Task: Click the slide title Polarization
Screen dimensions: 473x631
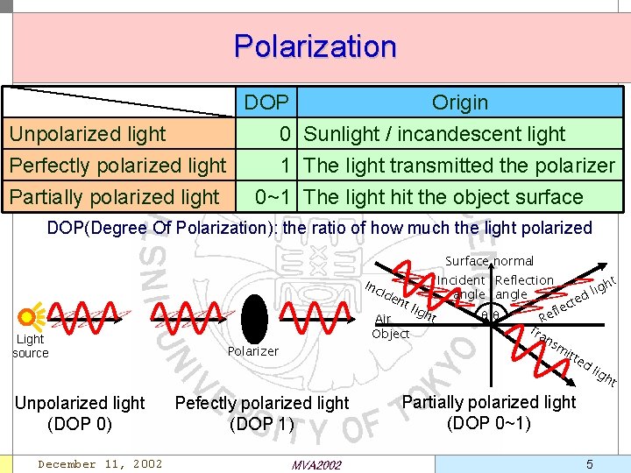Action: pyautogui.click(x=315, y=46)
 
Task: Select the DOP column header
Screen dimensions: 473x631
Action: pyautogui.click(x=266, y=102)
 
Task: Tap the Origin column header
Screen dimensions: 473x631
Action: pyautogui.click(x=459, y=102)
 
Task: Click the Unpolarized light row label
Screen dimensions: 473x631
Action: pyautogui.click(x=87, y=134)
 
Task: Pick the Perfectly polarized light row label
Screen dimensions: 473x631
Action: pyautogui.click(x=117, y=166)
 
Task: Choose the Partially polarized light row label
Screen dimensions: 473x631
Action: pyautogui.click(x=114, y=197)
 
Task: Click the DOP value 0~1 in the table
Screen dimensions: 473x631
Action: pyautogui.click(x=273, y=197)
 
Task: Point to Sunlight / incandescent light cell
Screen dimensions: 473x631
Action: pyautogui.click(x=435, y=134)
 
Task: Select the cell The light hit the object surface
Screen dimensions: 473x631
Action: pyautogui.click(x=443, y=197)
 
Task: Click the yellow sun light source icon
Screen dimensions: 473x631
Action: pyautogui.click(x=30, y=316)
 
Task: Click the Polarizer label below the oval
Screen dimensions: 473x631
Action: pyautogui.click(x=252, y=351)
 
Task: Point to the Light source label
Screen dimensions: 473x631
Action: pyautogui.click(x=31, y=346)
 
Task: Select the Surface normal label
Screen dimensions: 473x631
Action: pyautogui.click(x=489, y=261)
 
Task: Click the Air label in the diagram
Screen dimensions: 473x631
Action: pyautogui.click(x=382, y=320)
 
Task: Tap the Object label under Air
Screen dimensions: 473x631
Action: pyautogui.click(x=390, y=334)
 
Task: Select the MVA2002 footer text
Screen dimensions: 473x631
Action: pyautogui.click(x=315, y=464)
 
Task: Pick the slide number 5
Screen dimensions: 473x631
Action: pyautogui.click(x=590, y=463)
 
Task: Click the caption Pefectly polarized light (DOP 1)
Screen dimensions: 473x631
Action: pyautogui.click(x=262, y=413)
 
